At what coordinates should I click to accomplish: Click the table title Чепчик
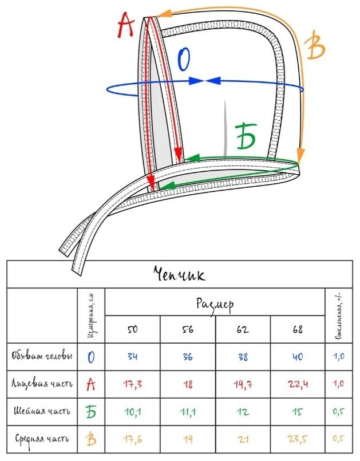pos(179,274)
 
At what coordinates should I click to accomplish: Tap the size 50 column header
pos(132,329)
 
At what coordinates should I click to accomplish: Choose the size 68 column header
pos(298,329)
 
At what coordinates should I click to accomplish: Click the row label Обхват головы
pos(42,356)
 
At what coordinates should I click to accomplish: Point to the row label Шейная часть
pos(42,411)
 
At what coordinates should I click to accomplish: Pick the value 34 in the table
pos(133,356)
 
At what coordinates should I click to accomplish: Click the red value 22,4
pos(298,384)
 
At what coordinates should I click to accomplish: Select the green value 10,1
pos(133,412)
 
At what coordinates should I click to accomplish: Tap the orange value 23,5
pos(298,439)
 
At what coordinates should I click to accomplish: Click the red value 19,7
pos(243,384)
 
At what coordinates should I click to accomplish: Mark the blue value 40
pos(298,357)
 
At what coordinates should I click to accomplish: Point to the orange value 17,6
pos(133,439)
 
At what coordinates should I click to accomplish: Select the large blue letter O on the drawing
pos(184,59)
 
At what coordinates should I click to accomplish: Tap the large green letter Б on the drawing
pos(246,136)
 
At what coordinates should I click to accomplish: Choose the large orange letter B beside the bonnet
pos(314,45)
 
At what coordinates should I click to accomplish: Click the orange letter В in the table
pos(91,439)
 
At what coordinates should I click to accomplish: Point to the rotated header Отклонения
pos(339,316)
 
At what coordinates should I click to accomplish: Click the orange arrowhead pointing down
pos(300,155)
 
